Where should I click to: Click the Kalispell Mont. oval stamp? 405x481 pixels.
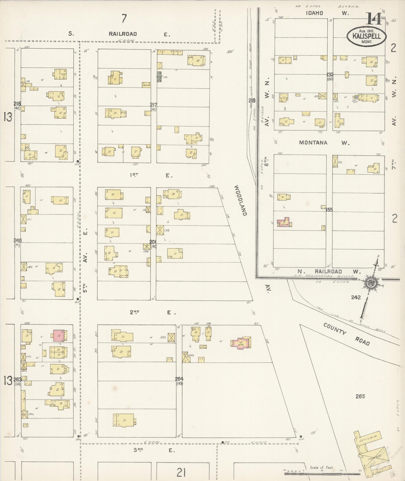(367, 36)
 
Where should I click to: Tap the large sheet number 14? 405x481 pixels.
(375, 19)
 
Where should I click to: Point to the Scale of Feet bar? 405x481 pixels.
(322, 473)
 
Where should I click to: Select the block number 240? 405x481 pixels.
(18, 240)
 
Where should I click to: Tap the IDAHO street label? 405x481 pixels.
(314, 13)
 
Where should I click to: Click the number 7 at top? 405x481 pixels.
(123, 19)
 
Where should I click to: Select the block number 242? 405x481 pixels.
(356, 297)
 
